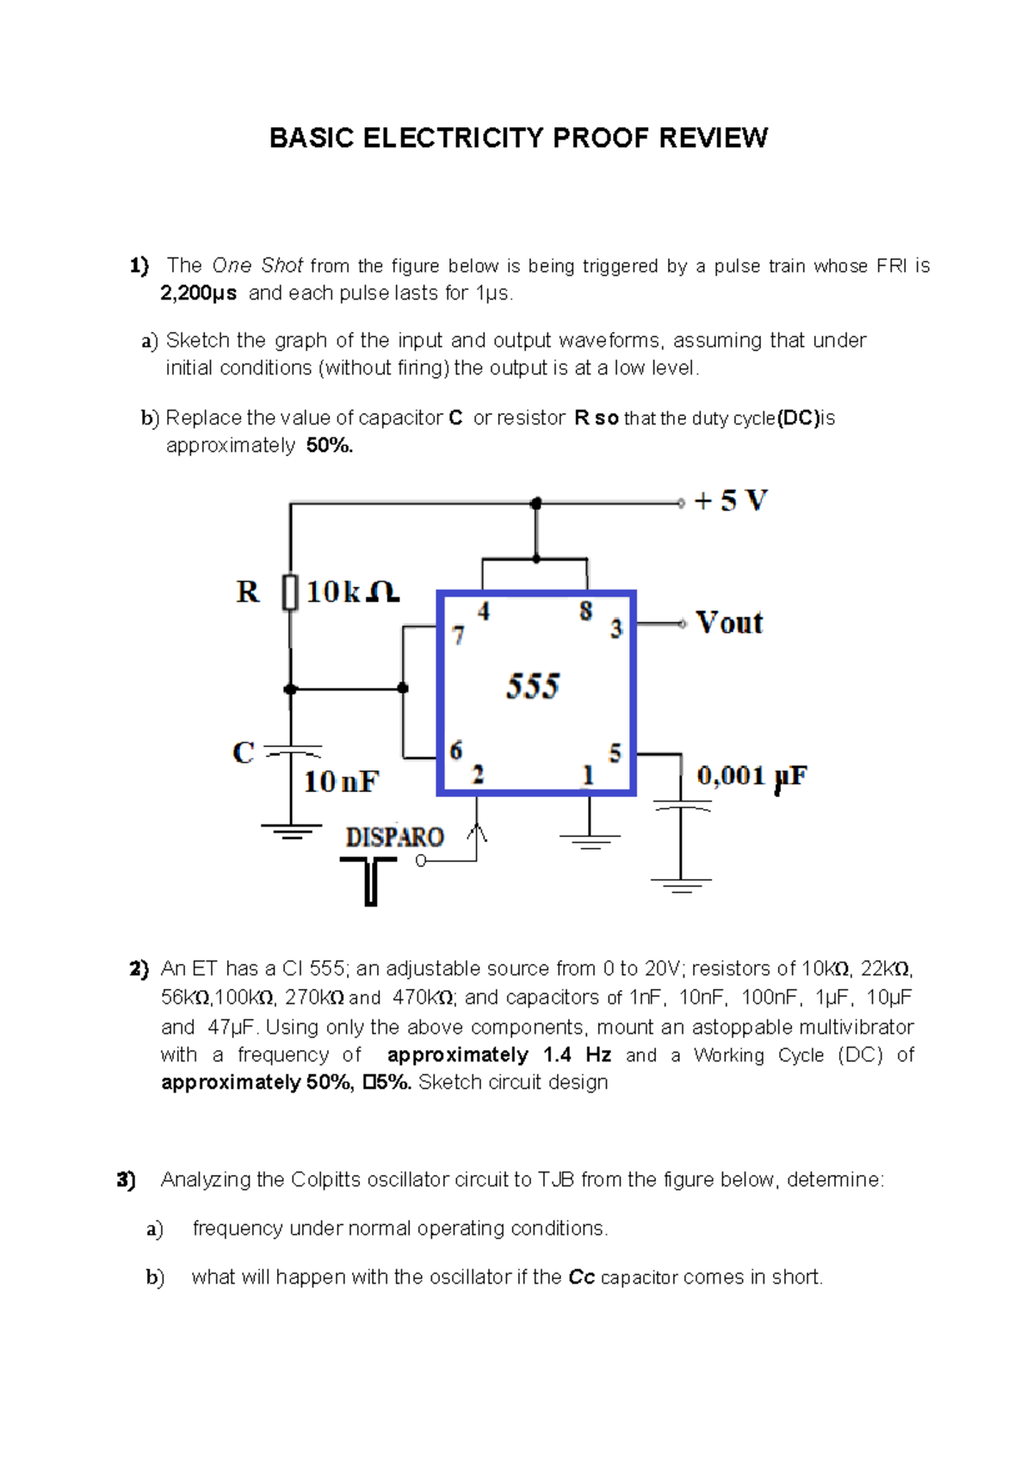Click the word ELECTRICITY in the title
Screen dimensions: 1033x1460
(x=454, y=138)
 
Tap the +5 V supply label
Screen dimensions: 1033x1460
(x=731, y=501)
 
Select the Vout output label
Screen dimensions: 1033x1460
(x=729, y=622)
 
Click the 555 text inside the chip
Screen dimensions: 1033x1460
(x=533, y=687)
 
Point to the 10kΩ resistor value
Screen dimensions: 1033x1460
(x=353, y=592)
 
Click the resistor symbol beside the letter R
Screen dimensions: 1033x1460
(x=290, y=592)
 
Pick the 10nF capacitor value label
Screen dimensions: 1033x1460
(x=341, y=782)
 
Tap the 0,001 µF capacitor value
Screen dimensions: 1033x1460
(x=752, y=776)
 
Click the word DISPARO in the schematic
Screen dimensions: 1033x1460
(x=395, y=837)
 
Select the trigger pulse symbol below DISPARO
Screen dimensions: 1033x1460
(x=370, y=880)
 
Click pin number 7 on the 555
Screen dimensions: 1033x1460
(x=459, y=635)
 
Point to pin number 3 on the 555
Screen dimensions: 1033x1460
(x=616, y=628)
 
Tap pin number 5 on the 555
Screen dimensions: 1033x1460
(x=615, y=753)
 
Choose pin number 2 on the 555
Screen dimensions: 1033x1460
(x=478, y=774)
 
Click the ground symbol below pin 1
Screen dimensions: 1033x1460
(x=590, y=838)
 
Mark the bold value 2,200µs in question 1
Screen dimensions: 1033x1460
(x=198, y=294)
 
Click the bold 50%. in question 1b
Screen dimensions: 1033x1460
(x=330, y=446)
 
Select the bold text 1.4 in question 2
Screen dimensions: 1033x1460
(x=557, y=1055)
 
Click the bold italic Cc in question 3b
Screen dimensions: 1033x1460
(x=582, y=1277)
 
